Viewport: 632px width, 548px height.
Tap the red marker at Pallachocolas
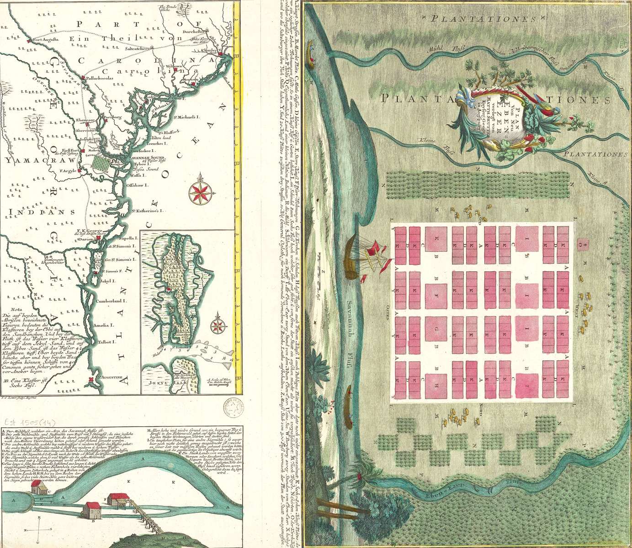click(83, 78)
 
